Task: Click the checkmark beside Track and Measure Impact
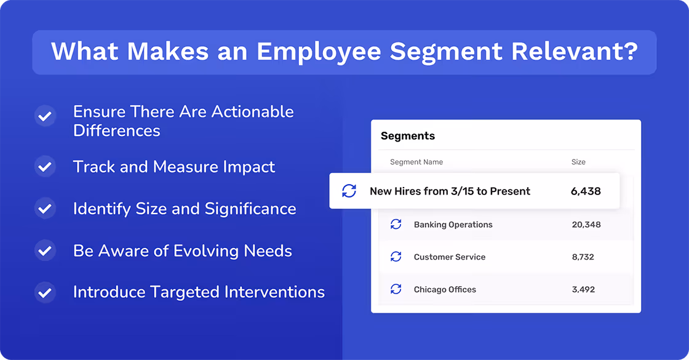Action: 45,167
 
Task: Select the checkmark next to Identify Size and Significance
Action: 45,209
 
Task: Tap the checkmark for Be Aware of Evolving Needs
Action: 45,251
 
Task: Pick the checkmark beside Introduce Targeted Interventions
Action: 45,292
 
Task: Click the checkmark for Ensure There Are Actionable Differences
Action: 45,116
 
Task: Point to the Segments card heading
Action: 408,136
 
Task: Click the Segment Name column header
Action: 416,162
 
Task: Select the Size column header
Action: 578,162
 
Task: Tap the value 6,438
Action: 586,191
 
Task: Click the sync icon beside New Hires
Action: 349,191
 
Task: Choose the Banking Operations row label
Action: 453,225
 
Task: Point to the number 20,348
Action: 586,225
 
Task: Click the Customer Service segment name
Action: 449,257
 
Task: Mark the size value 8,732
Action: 583,257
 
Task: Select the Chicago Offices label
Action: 445,289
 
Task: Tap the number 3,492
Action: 583,289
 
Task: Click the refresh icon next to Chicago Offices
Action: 396,289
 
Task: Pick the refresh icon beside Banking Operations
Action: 396,225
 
